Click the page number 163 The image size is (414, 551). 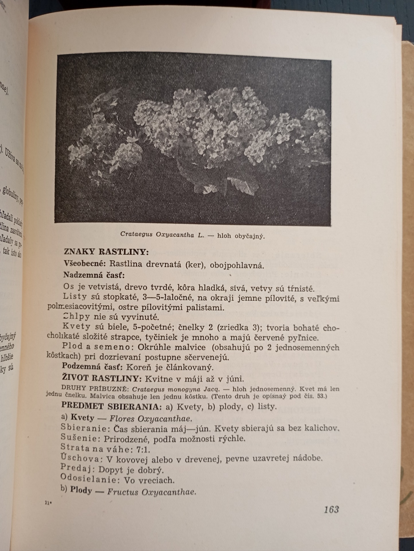tap(331, 509)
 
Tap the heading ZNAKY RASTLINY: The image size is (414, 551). tap(106, 252)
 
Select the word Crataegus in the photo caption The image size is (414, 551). tap(136, 234)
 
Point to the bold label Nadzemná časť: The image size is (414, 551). tap(94, 275)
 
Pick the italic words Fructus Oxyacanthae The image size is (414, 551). tap(152, 492)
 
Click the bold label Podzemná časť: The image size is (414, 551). tap(92, 366)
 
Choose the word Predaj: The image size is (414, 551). tap(78, 469)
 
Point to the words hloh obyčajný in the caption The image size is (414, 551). tap(241, 236)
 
